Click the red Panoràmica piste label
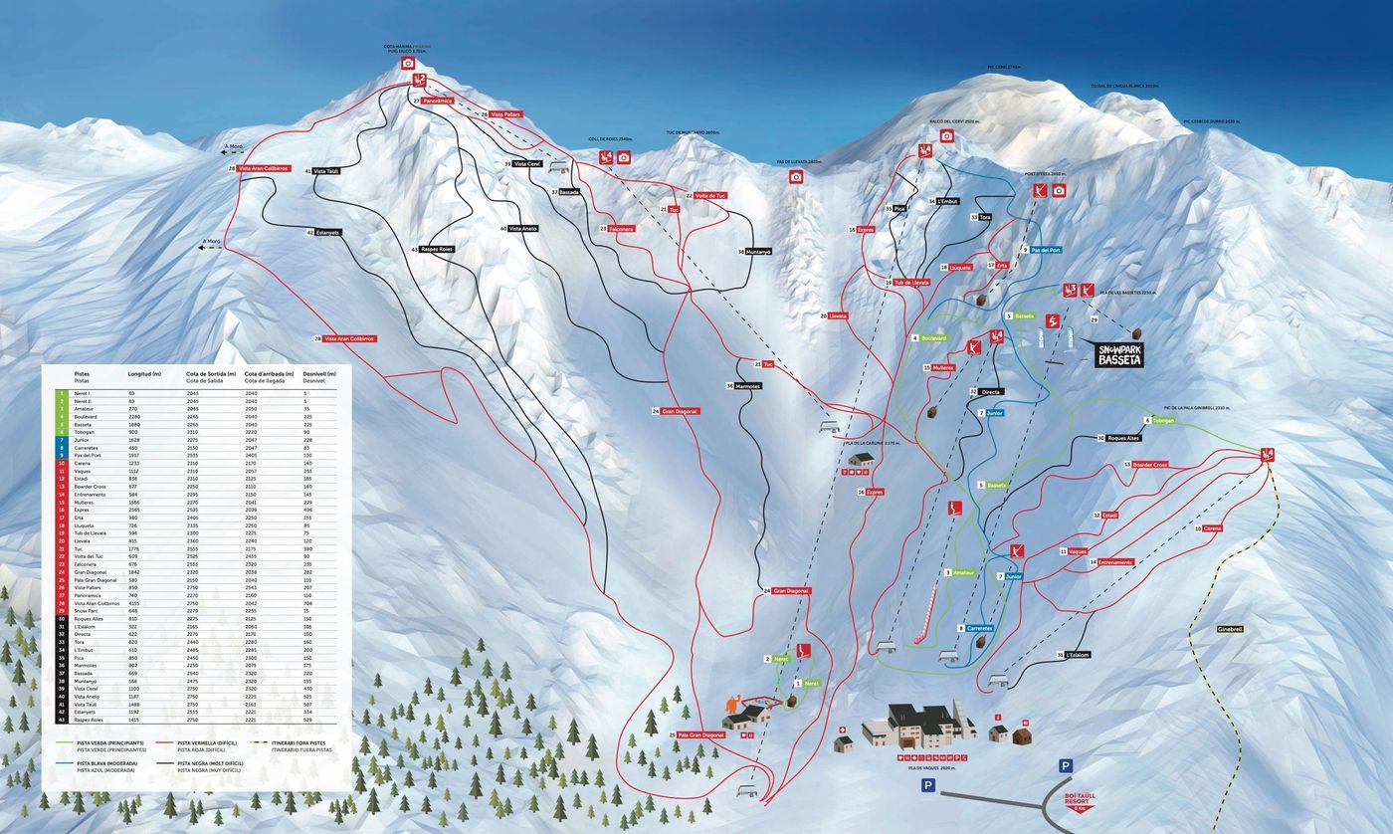pos(437,101)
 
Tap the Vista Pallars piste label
pos(504,115)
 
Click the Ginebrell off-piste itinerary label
pos(1230,629)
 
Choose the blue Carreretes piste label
pos(979,628)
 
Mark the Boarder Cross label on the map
pos(1149,465)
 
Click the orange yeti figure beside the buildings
pos(735,709)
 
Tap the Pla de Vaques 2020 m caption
pos(931,768)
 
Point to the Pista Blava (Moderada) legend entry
pos(99,766)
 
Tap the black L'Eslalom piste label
pos(1077,655)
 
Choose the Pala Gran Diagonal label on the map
pos(700,735)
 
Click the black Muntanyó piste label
pos(758,252)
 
